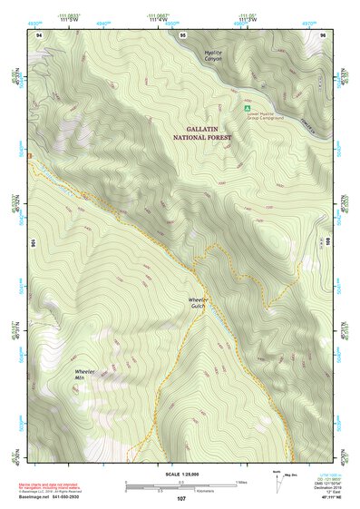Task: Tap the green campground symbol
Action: [x=247, y=108]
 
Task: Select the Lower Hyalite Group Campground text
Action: [x=267, y=115]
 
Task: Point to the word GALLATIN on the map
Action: [x=203, y=130]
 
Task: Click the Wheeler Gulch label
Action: [x=199, y=303]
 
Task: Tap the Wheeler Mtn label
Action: [x=86, y=374]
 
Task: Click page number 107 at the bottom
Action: [x=180, y=500]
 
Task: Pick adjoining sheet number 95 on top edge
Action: [x=183, y=34]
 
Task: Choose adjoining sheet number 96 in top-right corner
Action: [x=323, y=34]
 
